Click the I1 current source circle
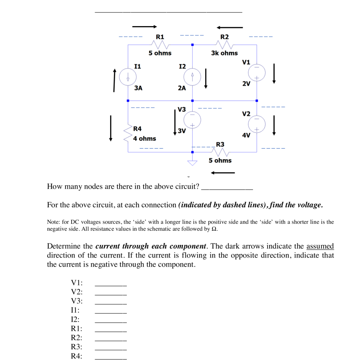pyautogui.click(x=128, y=78)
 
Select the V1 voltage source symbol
pyautogui.click(x=257, y=72)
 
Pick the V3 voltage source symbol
pyautogui.click(x=192, y=119)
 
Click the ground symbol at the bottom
pyautogui.click(x=192, y=162)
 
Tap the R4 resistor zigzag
pyautogui.click(x=128, y=133)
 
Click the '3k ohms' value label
pyautogui.click(x=224, y=53)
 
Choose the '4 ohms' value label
pyautogui.click(x=144, y=139)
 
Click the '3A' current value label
pyautogui.click(x=138, y=88)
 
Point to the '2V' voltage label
pyautogui.click(x=246, y=84)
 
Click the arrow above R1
pyautogui.click(x=144, y=27)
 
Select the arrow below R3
pyautogui.click(x=223, y=173)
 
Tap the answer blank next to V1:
pyautogui.click(x=110, y=285)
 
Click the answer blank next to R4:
pyautogui.click(x=110, y=358)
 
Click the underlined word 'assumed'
pyautogui.click(x=320, y=247)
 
